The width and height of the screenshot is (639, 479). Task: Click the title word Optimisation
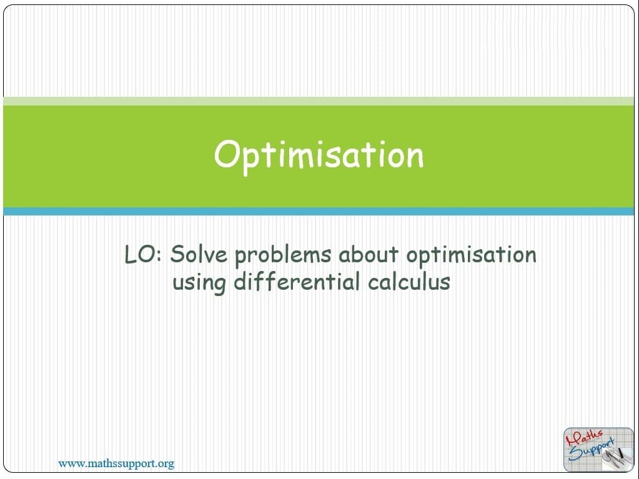tap(319, 156)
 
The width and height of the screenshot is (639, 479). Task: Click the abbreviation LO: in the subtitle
tap(143, 254)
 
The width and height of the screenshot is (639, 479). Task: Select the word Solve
tap(199, 254)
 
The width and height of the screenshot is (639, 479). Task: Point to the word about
tap(369, 255)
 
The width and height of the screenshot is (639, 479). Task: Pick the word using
tap(199, 284)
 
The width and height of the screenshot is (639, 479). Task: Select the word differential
tap(297, 282)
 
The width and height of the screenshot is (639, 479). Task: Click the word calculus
tap(409, 282)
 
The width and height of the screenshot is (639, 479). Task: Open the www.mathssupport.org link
tap(116, 463)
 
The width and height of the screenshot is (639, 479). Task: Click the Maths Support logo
tap(598, 450)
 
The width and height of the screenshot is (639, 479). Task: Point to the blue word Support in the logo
tap(592, 450)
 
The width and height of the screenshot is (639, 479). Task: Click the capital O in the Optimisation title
tap(226, 154)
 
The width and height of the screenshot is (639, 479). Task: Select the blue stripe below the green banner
tap(319, 211)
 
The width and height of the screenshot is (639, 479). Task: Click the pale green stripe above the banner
tap(319, 101)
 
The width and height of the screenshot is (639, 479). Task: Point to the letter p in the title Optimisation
tap(252, 162)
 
